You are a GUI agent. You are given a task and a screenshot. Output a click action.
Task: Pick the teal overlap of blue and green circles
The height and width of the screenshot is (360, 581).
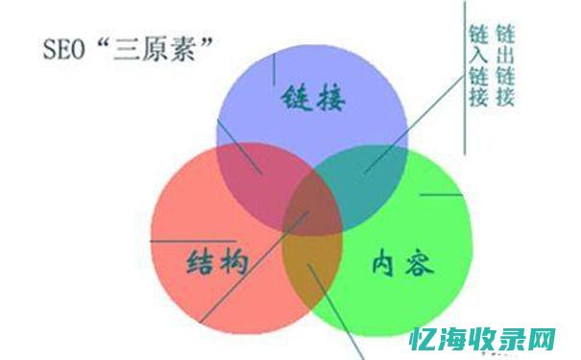coord(370,173)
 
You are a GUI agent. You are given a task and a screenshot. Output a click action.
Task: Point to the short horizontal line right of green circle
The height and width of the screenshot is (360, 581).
coord(442,196)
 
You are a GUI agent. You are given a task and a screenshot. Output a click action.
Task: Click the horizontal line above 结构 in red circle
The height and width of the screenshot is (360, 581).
coord(192,240)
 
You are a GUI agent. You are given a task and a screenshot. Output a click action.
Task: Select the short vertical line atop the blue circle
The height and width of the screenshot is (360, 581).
coord(275,67)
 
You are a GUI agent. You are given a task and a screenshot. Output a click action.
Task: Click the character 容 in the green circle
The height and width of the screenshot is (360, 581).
coord(419,263)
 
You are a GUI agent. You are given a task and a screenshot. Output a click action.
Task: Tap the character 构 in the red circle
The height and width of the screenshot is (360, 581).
coord(234,262)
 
